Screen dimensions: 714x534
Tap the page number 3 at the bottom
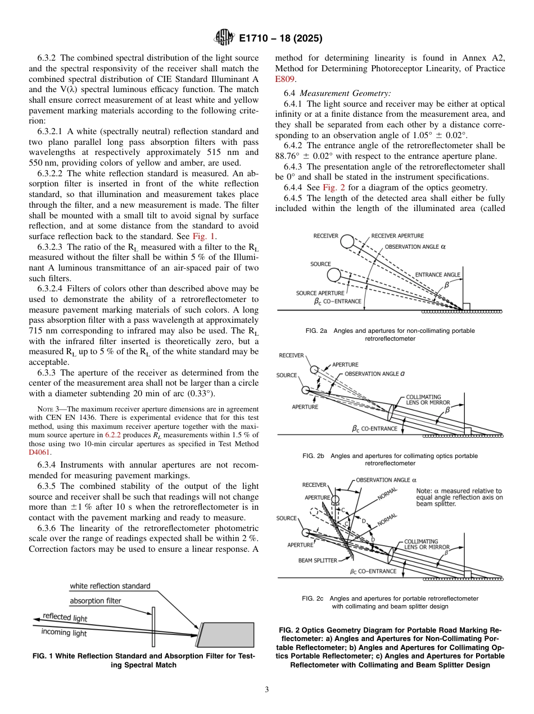(x=266, y=689)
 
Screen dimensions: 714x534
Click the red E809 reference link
(x=284, y=79)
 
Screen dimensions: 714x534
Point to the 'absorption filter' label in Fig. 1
(x=95, y=601)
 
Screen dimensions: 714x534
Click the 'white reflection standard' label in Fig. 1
(x=110, y=586)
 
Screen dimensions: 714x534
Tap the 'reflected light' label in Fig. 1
(x=65, y=617)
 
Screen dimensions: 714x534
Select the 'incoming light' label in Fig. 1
(x=64, y=633)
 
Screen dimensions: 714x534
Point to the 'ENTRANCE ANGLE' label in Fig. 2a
(x=437, y=274)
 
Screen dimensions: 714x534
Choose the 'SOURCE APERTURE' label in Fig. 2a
(x=319, y=293)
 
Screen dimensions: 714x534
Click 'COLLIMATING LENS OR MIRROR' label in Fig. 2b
(x=427, y=399)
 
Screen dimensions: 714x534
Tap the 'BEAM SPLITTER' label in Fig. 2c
(x=318, y=560)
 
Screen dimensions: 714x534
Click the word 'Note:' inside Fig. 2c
(x=425, y=490)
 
